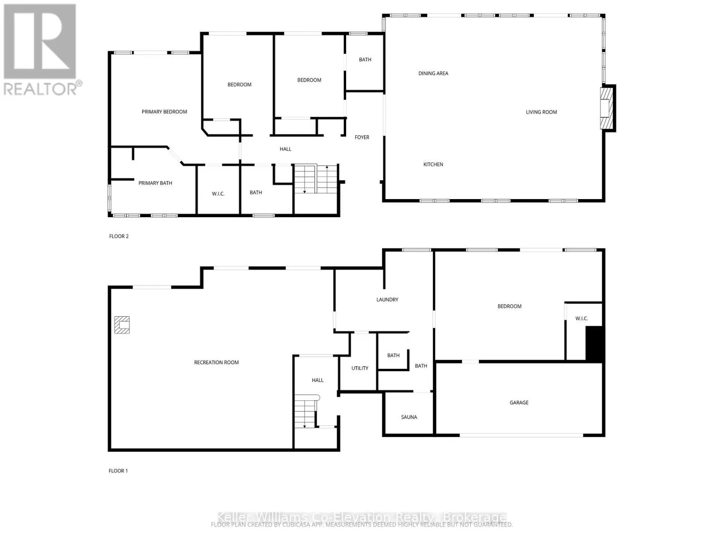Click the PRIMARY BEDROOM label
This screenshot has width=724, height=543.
pos(164,112)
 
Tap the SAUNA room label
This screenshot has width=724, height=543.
pos(409,417)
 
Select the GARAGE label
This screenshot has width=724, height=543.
pos(519,402)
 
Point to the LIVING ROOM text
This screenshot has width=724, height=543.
pos(541,112)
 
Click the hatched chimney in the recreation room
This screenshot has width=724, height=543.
pos(122,325)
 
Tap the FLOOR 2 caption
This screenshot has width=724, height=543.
pos(119,236)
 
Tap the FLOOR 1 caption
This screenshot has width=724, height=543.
pos(118,471)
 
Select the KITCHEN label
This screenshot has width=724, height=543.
pos(433,164)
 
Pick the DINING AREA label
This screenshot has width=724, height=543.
pos(433,73)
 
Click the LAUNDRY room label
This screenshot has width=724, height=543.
pos(387,300)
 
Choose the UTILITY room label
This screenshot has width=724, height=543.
pos(360,368)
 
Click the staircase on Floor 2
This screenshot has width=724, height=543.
pos(316,179)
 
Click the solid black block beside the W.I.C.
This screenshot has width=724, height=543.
pos(594,343)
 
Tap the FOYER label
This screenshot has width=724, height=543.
pos(362,137)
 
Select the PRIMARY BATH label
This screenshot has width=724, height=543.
pos(155,183)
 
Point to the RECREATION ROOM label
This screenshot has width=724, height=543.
pos(216,362)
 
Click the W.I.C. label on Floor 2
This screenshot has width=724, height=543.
pos(218,194)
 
